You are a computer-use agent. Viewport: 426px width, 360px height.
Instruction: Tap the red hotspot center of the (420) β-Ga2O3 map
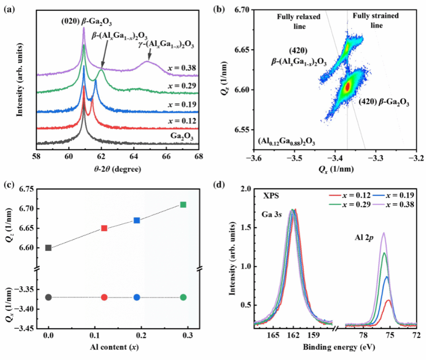pos(347,87)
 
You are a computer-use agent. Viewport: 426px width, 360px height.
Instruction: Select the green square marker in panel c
pos(183,205)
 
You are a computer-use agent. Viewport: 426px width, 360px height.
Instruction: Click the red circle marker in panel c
pos(104,297)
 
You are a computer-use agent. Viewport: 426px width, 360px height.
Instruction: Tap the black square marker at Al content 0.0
pos(48,247)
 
